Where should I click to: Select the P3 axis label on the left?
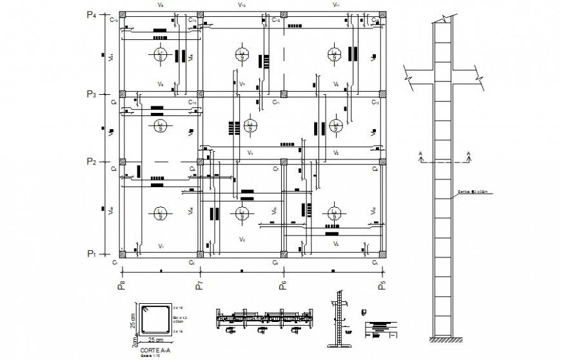(x=91, y=95)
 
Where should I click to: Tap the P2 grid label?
(x=91, y=161)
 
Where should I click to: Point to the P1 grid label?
(x=91, y=254)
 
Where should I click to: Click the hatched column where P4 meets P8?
(x=121, y=14)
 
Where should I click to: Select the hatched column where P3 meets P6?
(x=282, y=95)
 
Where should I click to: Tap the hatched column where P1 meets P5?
(x=383, y=254)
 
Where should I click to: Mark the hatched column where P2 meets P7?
(x=201, y=161)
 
